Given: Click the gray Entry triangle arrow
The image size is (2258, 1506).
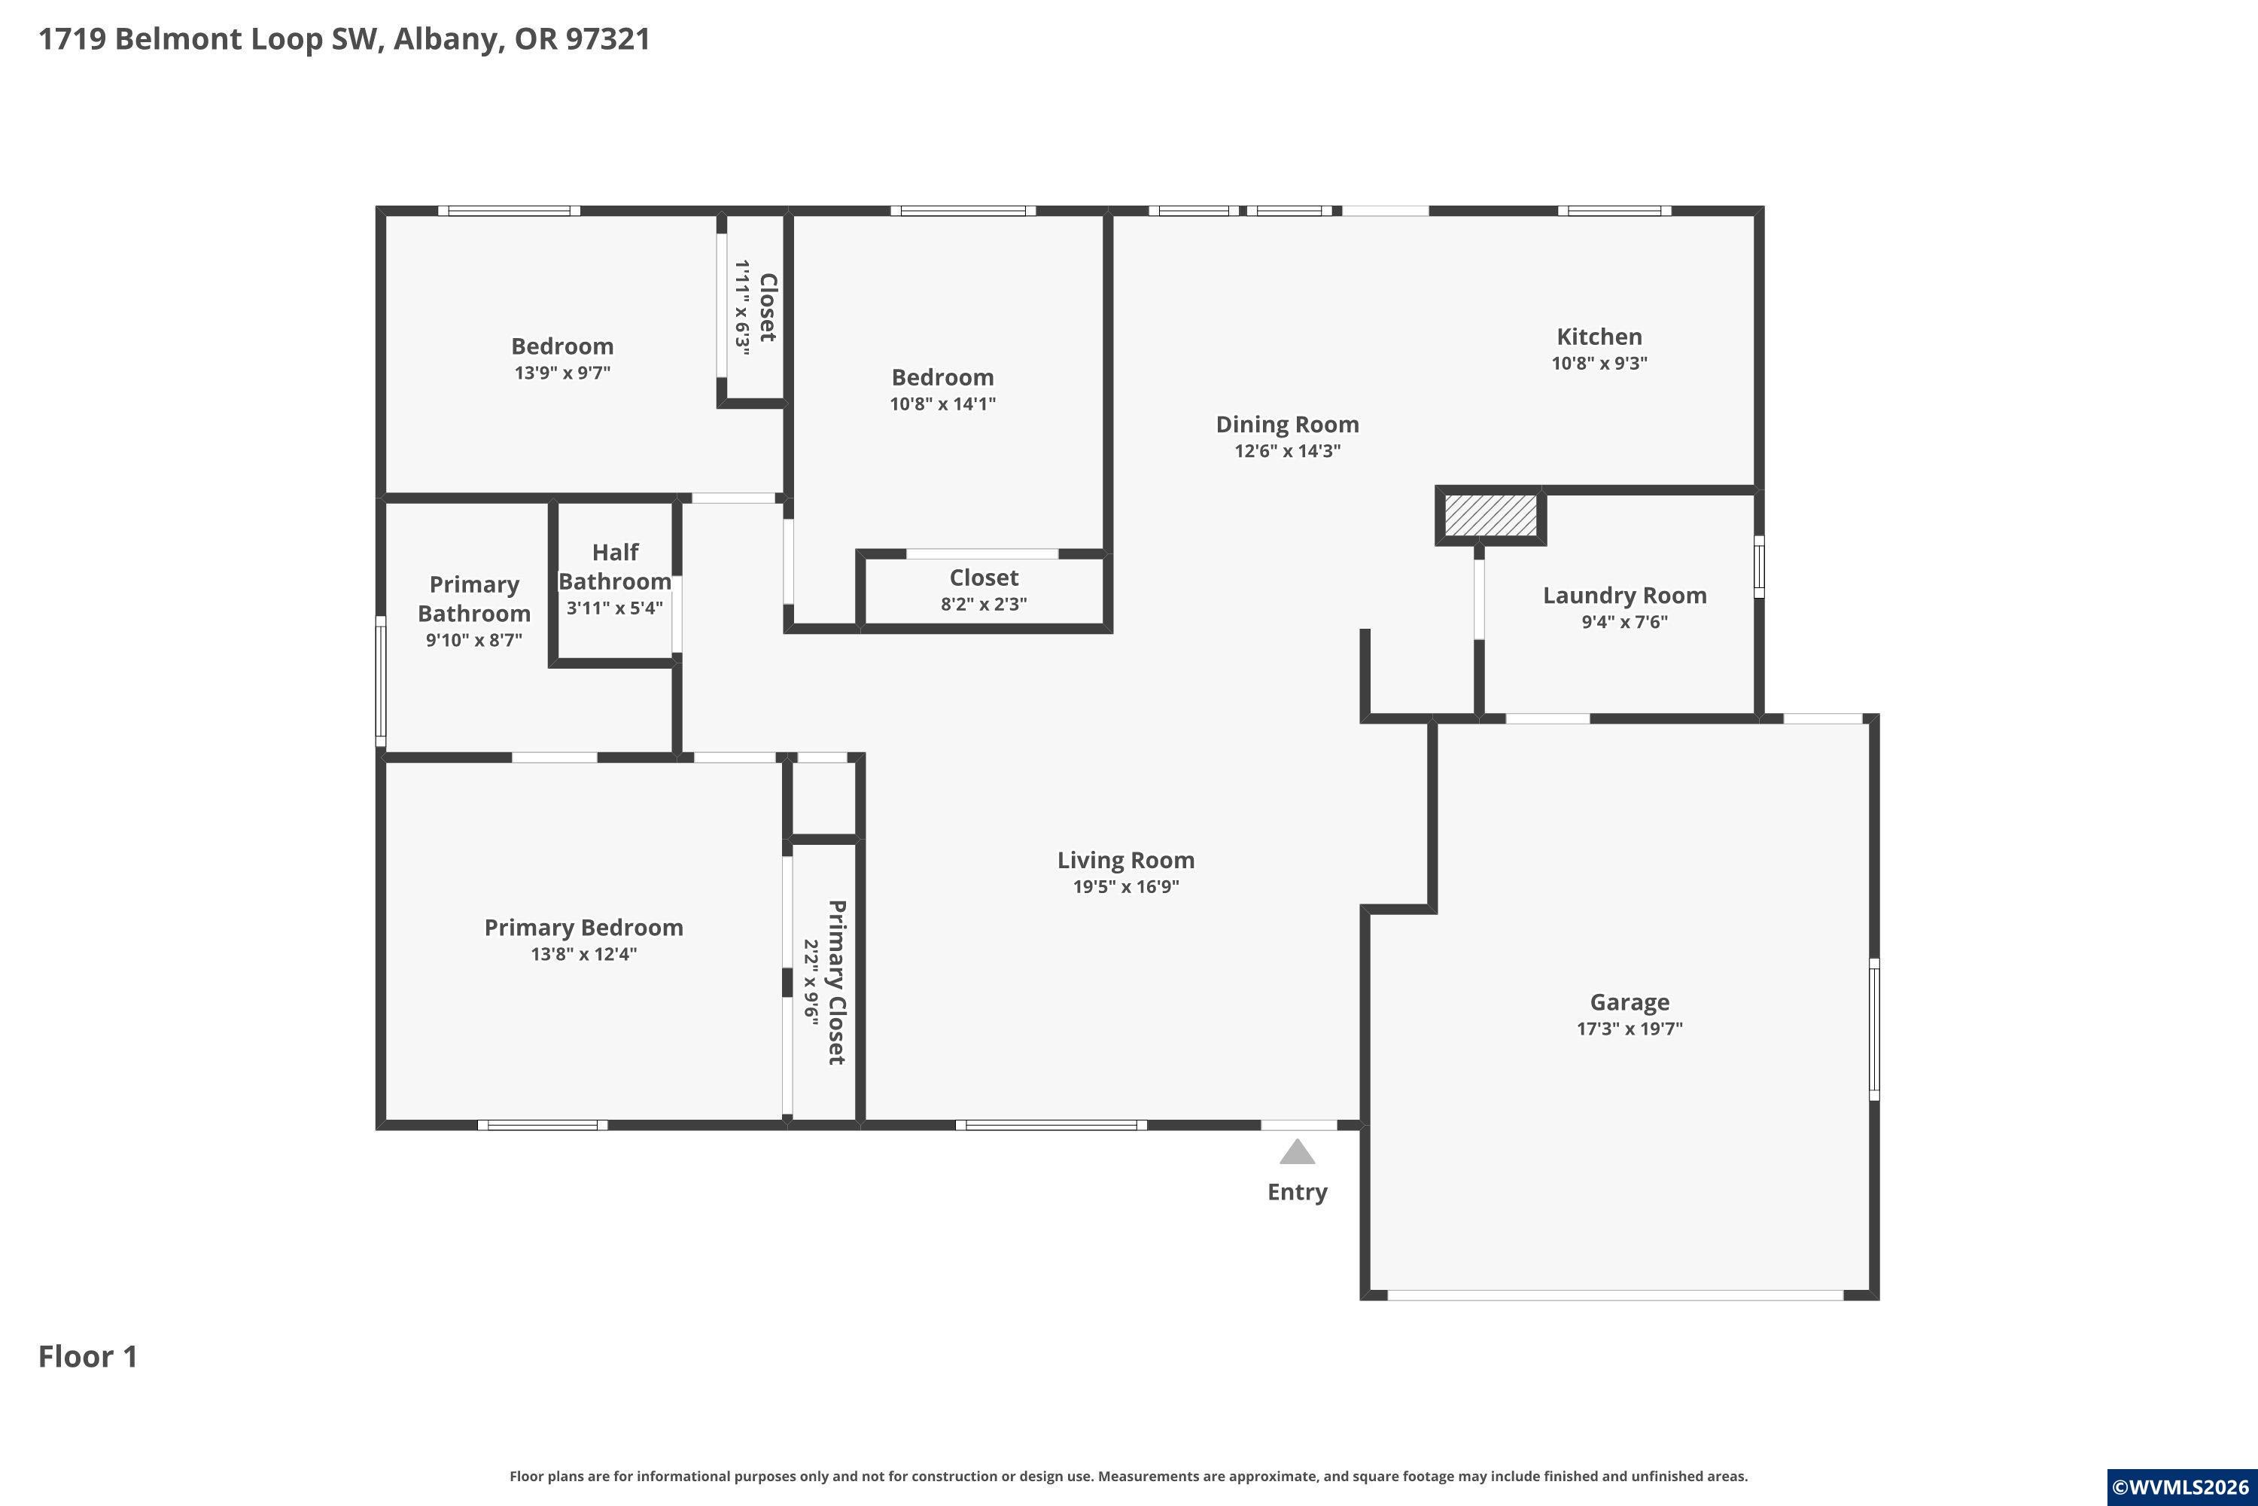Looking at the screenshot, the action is pos(1297,1151).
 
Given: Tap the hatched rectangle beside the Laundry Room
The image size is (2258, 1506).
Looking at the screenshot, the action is pos(1490,516).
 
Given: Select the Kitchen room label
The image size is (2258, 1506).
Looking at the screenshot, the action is pos(1599,336).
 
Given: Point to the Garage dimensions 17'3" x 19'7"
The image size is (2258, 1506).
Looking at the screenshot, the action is pos(1630,1029).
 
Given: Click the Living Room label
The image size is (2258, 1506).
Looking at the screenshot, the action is pos(1126,861).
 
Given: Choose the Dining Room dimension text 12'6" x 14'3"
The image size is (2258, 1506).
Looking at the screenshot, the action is pos(1287,450).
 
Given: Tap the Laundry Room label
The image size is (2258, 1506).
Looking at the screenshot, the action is pos(1624,596).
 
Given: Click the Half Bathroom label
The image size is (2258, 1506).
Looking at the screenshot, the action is pos(614,567).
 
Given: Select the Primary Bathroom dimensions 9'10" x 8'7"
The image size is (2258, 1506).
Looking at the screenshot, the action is pos(474,639).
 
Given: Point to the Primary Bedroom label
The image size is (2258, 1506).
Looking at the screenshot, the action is pos(584,928).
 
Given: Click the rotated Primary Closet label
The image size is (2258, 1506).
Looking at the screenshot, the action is pos(837,982).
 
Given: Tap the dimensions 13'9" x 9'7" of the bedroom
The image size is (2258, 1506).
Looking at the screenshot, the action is pos(562,373).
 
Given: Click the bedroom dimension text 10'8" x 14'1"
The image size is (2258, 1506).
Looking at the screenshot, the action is pos(943,404).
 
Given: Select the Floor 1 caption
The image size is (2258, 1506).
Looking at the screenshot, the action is pos(88,1356).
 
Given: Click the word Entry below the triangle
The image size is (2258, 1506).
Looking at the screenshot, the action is pos(1297,1192).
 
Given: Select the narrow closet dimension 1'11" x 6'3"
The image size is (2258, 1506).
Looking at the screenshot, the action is pos(742,306).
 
